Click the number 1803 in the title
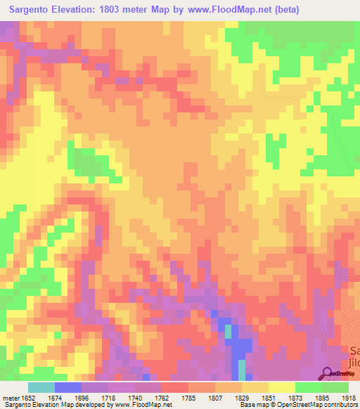(x=117, y=10)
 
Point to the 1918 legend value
(x=347, y=397)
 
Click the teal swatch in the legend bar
(x=41, y=387)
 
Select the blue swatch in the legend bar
(x=67, y=387)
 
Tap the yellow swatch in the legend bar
(x=281, y=387)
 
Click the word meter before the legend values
(x=11, y=397)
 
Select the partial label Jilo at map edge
(x=354, y=363)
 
